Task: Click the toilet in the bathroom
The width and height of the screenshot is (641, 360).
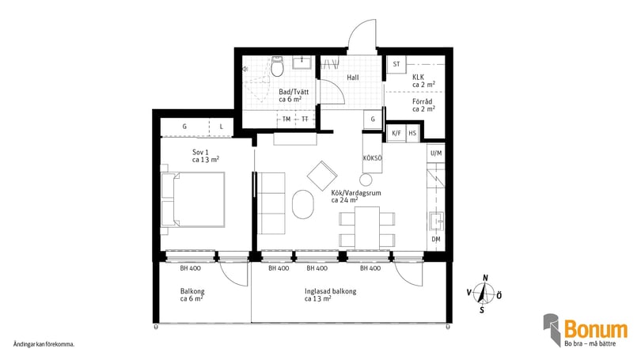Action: [x=278, y=66]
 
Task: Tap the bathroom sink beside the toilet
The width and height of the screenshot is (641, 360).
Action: [x=302, y=63]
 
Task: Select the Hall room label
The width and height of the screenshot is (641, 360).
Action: [x=353, y=78]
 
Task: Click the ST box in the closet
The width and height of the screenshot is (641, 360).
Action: [x=396, y=64]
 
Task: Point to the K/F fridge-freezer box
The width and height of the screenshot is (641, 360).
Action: [x=396, y=133]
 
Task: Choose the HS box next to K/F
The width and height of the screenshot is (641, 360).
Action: [x=412, y=133]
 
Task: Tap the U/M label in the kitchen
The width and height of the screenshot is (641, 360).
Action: [x=436, y=153]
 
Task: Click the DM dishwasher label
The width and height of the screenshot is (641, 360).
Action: [x=436, y=239]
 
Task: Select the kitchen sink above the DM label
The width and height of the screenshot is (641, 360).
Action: [x=436, y=222]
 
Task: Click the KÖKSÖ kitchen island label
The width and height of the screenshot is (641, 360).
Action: [x=373, y=158]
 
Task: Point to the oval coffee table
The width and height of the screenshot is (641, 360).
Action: [x=303, y=204]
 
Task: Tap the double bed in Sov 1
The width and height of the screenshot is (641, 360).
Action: [x=193, y=199]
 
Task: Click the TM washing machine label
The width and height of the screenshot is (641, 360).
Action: [x=286, y=119]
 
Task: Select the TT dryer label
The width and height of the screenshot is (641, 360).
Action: [x=305, y=119]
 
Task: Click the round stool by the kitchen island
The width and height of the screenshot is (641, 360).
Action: [x=366, y=180]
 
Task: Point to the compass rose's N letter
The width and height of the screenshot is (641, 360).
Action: [x=486, y=279]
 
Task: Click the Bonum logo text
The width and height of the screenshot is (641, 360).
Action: [x=596, y=329]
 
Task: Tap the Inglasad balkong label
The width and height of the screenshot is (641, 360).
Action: [x=330, y=291]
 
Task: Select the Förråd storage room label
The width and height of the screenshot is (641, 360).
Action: [x=423, y=101]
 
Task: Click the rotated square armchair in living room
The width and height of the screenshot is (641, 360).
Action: [x=322, y=176]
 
